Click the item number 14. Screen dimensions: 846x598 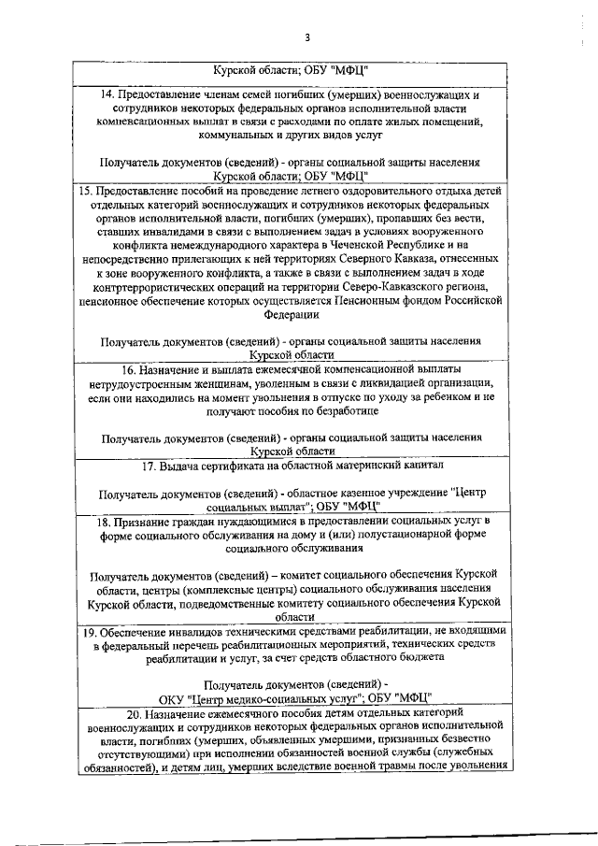[x=107, y=94]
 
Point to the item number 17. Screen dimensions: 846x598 [x=149, y=465]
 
